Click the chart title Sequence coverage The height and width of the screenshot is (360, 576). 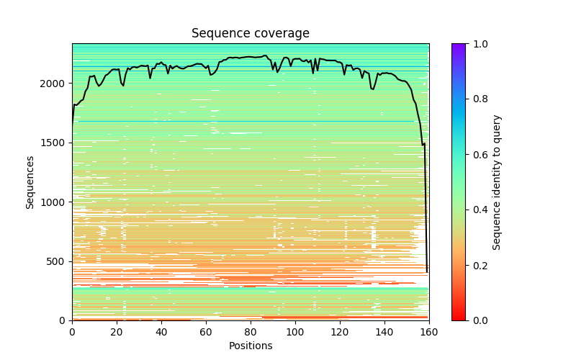click(x=250, y=33)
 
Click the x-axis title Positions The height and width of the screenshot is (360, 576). click(x=250, y=346)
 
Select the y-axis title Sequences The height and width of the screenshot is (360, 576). click(x=30, y=181)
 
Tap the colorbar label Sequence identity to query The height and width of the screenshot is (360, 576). click(x=497, y=181)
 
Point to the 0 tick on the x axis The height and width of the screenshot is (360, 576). click(x=72, y=331)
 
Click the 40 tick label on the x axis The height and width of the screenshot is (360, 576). click(x=161, y=331)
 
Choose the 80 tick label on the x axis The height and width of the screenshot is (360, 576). click(x=251, y=331)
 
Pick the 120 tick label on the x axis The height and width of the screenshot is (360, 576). click(x=340, y=331)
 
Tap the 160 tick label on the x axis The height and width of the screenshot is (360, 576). click(x=429, y=331)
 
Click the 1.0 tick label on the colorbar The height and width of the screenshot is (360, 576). click(x=477, y=44)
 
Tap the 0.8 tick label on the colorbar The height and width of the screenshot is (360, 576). click(x=477, y=99)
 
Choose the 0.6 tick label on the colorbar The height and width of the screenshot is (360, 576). click(x=477, y=155)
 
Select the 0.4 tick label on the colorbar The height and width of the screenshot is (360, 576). click(x=477, y=210)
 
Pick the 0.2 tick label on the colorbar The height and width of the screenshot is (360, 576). click(x=477, y=265)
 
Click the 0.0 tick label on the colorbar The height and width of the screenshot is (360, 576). click(x=477, y=320)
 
